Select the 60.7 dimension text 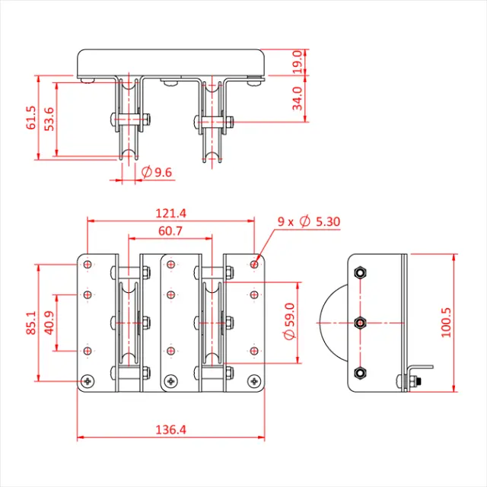point(170,231)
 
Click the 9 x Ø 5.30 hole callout point(308,221)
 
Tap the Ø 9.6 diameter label point(157,173)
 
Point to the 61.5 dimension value point(30,118)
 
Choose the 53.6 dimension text point(49,120)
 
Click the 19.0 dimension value point(298,59)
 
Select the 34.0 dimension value point(298,97)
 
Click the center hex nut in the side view point(360,323)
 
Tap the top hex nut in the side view point(360,272)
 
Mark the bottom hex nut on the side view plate point(360,374)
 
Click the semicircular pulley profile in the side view point(335,323)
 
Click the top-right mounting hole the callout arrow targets point(253,265)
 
